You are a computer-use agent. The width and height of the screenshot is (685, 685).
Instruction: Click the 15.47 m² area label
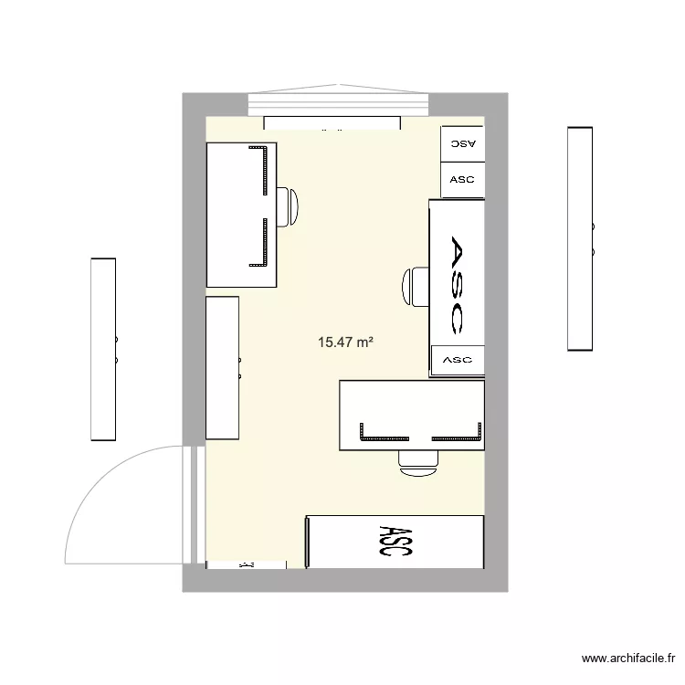(346, 343)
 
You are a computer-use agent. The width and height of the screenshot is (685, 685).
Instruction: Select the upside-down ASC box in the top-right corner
(463, 144)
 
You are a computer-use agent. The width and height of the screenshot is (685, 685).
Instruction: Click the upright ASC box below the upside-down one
(463, 180)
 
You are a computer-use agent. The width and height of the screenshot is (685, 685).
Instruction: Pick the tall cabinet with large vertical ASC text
(457, 274)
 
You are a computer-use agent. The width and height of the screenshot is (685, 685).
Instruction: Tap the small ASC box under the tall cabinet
(457, 360)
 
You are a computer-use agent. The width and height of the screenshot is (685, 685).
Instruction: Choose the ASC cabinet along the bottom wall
(395, 541)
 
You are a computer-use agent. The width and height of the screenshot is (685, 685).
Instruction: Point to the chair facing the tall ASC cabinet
(416, 287)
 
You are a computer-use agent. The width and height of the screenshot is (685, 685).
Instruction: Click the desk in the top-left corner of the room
(241, 215)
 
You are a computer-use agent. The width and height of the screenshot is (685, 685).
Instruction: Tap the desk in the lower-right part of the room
(411, 416)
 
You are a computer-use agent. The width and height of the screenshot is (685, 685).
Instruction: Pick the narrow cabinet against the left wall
(222, 368)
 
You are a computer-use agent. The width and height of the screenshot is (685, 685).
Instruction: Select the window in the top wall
(338, 103)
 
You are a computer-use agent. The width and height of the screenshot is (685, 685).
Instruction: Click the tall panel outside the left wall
(103, 349)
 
